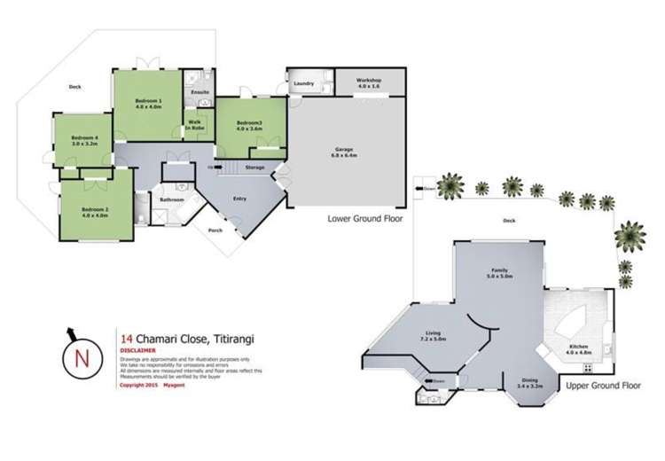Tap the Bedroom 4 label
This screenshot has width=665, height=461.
pos(85,137)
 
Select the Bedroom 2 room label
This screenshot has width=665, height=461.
pos(94,209)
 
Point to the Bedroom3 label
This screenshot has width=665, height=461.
pos(251,122)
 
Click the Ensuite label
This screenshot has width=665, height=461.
pos(199,91)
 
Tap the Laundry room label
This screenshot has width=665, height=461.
pos(304,83)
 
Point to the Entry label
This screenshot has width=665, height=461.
pos(239,199)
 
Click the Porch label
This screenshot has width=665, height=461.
pos(215,231)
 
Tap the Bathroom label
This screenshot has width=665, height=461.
pos(171,199)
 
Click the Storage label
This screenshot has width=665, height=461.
pos(255,166)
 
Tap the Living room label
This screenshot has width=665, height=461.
pos(433,333)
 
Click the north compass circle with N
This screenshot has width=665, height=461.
pos(82,358)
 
